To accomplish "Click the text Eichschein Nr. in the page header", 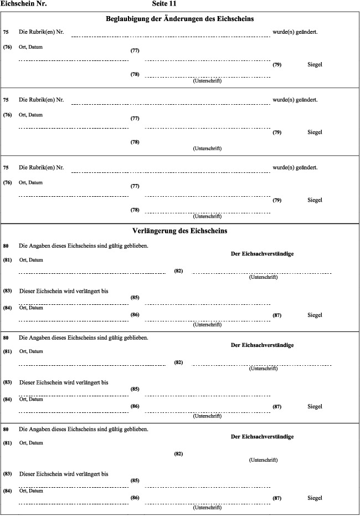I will coord(23,4).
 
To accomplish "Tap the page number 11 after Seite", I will coord(173,4).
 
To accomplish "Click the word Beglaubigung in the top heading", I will coord(131,19).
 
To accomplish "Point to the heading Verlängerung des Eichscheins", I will coord(180,231).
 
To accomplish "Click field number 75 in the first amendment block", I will coord(6,32).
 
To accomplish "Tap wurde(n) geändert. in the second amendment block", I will coord(295,100).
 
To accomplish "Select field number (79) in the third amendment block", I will coord(277,200).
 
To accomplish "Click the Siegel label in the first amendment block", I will coord(315,65).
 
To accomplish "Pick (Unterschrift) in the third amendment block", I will coord(207,216).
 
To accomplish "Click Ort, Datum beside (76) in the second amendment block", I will coord(30,115).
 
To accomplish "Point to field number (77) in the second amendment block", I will coord(135,119).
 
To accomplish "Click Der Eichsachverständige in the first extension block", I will coord(262,254).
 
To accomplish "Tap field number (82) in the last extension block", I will coord(178,454).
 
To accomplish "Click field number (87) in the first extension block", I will coord(277,315).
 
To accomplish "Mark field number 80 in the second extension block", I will coord(6,337).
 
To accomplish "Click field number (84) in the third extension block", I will coord(8,491).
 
